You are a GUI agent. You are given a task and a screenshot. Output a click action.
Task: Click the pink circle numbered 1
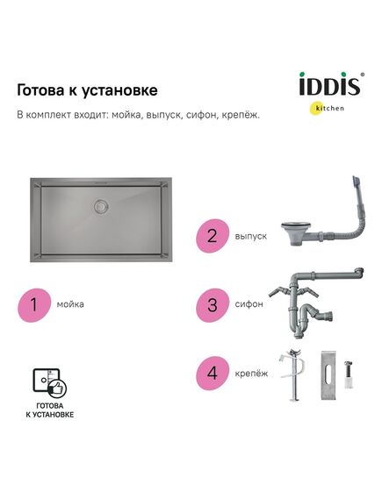(33, 305)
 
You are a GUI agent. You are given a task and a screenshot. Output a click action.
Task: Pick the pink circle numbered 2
(212, 236)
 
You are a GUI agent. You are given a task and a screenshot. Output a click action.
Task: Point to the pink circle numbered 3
(212, 305)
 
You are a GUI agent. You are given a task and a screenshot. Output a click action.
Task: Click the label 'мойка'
(70, 305)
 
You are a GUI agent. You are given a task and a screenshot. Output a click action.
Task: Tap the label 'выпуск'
(250, 236)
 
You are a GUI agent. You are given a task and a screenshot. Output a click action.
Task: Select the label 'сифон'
(249, 305)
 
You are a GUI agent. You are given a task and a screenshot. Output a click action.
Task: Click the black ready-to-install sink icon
(49, 382)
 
